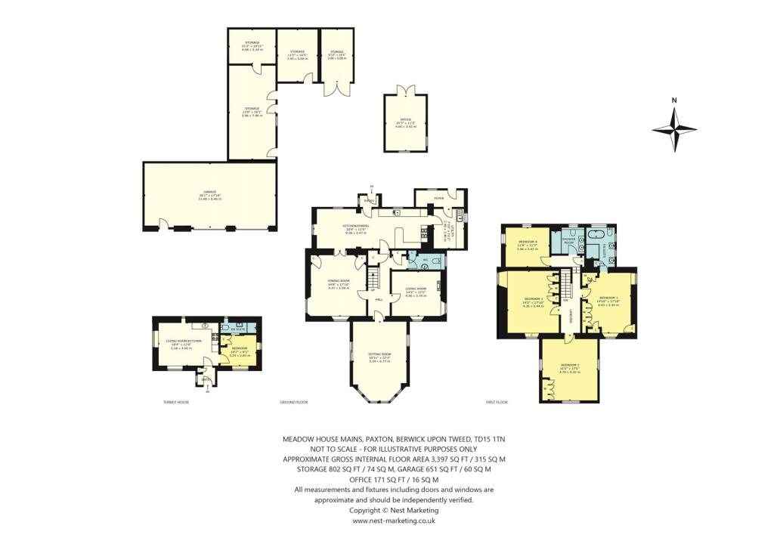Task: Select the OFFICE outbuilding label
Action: [405, 121]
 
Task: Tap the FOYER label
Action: [438, 199]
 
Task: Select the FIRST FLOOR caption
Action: [497, 402]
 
